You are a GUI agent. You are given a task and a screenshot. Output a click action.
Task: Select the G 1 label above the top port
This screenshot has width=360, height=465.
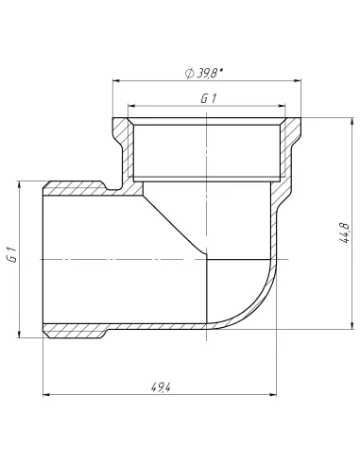205,97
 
